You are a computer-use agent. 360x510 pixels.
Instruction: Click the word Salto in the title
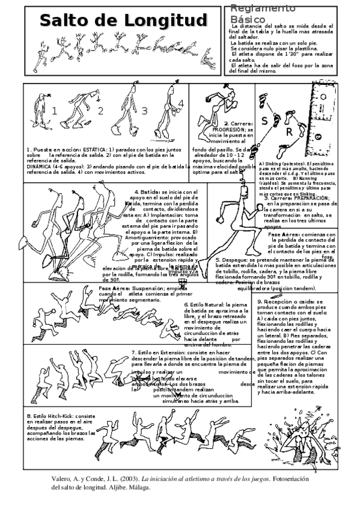(64, 21)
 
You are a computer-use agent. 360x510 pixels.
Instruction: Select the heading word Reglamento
(259, 8)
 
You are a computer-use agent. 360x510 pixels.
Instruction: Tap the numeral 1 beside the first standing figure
(55, 111)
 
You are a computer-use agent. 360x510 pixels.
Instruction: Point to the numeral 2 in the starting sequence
(100, 111)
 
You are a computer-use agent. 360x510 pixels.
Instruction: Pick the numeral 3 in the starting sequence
(144, 111)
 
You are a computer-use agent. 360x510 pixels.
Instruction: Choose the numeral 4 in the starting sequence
(181, 103)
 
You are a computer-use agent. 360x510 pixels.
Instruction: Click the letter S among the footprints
(264, 120)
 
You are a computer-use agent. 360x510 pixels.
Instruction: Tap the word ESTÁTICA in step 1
(94, 149)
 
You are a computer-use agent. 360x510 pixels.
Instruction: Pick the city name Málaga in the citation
(138, 487)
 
